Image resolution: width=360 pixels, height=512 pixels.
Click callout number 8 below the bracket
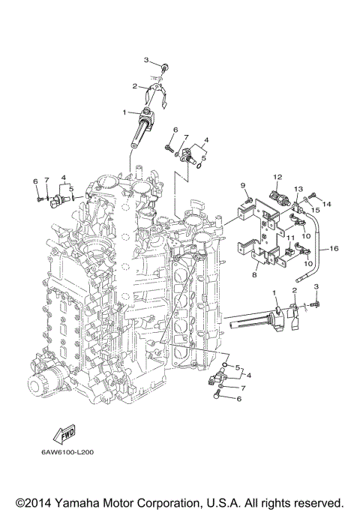pyautogui.click(x=254, y=275)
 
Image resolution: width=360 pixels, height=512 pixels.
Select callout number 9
pyautogui.click(x=243, y=186)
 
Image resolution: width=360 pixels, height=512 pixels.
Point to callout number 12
pyautogui.click(x=277, y=178)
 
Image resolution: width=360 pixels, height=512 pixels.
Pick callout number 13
pyautogui.click(x=298, y=189)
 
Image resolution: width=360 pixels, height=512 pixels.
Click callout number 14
pyautogui.click(x=327, y=204)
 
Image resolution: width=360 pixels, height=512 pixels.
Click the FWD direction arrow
pyautogui.click(x=64, y=434)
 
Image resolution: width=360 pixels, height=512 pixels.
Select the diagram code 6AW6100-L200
pyautogui.click(x=67, y=452)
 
